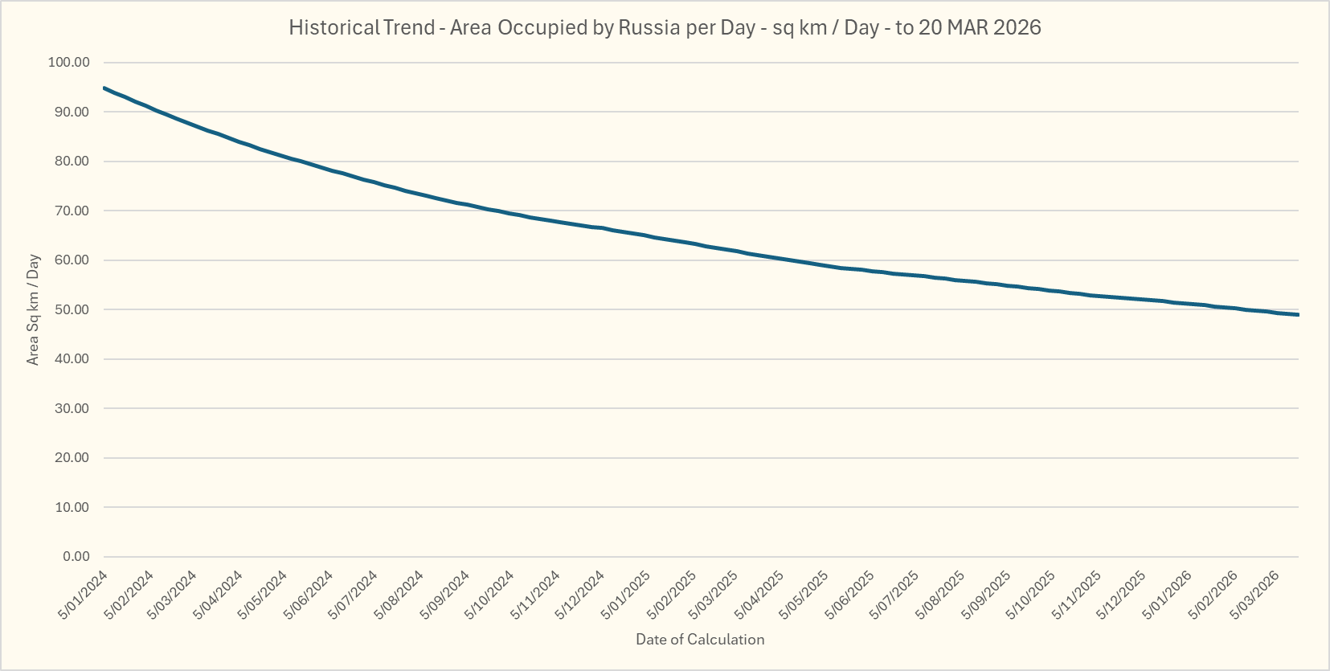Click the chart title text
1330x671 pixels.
click(x=665, y=27)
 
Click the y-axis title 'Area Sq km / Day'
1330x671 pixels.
click(x=33, y=309)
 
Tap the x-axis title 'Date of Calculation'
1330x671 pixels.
click(x=700, y=640)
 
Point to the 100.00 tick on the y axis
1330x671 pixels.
click(x=69, y=63)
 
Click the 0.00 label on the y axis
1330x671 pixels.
click(x=76, y=557)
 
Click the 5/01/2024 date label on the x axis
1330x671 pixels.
click(x=84, y=595)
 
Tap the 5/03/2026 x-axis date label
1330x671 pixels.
click(x=1256, y=595)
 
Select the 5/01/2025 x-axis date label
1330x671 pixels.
click(x=627, y=595)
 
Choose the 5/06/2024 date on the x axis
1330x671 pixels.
click(x=309, y=595)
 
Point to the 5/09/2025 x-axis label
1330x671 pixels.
click(x=988, y=595)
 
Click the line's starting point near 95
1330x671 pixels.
click(x=104, y=88)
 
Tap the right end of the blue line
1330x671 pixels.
click(x=1298, y=314)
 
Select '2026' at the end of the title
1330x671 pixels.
click(x=1017, y=27)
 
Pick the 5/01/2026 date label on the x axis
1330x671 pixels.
click(x=1168, y=595)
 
